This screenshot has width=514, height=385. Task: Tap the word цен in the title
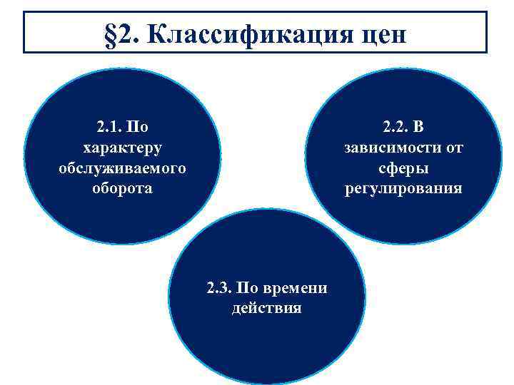pos(376,34)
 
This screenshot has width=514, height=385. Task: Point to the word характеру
pos(122,148)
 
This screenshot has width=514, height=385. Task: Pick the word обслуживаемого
pos(122,169)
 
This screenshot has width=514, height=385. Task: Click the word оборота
pos(122,189)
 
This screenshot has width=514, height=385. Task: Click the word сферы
pos(403,169)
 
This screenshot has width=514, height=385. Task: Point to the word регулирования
pos(403,189)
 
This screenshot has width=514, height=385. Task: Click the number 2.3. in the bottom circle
pos(218,289)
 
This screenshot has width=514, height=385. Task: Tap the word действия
pos(266,309)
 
